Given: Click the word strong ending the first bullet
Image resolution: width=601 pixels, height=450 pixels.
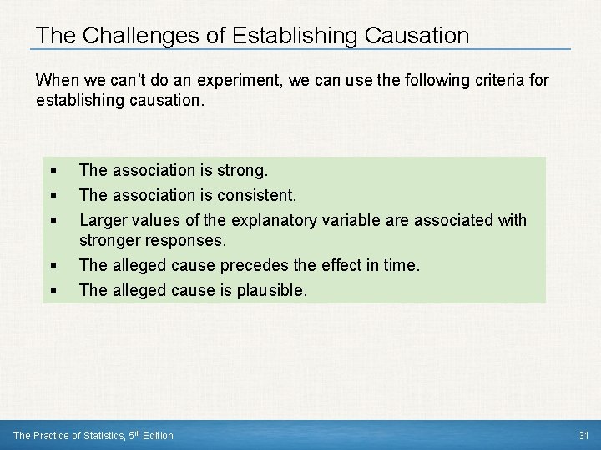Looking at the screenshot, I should click(240, 171).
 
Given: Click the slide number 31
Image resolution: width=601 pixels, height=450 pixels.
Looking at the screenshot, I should click(583, 435).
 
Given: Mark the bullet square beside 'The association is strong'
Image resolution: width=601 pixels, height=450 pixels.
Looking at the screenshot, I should click(53, 172).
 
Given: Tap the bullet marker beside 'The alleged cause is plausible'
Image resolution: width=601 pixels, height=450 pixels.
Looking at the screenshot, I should click(53, 292).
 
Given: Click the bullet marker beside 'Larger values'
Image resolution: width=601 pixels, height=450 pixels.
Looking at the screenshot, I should click(53, 221).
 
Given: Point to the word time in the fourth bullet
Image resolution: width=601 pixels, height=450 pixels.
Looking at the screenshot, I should click(402, 266).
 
